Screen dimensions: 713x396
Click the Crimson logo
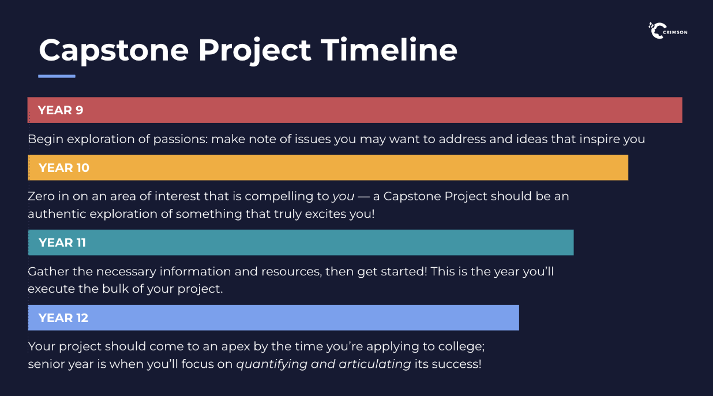[668, 31]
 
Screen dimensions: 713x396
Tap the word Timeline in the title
[389, 50]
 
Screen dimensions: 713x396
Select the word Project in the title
[254, 51]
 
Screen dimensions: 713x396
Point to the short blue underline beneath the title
[57, 76]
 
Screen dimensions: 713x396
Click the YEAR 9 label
[60, 110]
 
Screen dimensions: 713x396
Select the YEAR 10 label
[63, 168]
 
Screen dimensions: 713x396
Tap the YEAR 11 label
[62, 243]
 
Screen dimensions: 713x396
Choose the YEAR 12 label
[63, 318]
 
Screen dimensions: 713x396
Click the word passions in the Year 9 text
[181, 140]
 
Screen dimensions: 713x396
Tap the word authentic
[57, 214]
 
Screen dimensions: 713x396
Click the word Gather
[48, 271]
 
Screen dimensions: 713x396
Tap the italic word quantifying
[272, 365]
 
